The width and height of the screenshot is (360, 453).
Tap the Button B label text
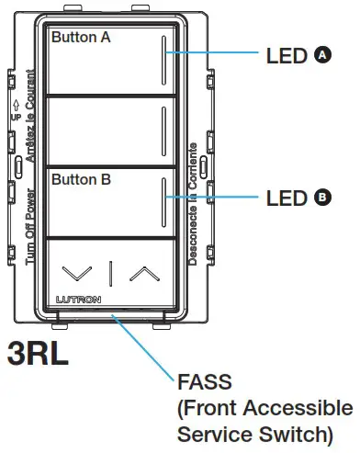(x=81, y=181)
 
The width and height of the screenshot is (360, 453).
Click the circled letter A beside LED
(x=321, y=55)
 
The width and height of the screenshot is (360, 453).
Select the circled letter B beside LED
(x=321, y=197)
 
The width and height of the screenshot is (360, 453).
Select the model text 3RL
(x=38, y=352)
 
